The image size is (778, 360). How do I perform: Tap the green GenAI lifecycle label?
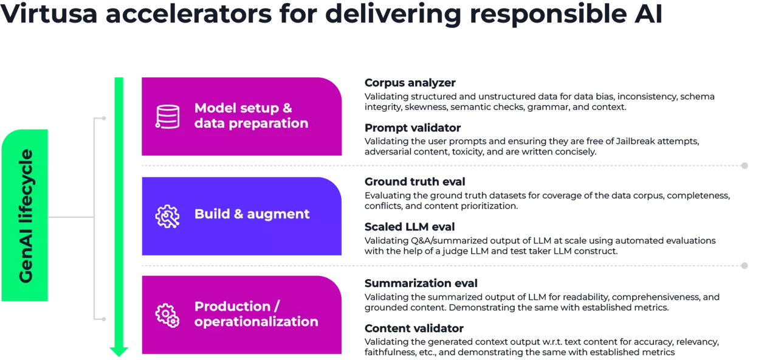click(25, 216)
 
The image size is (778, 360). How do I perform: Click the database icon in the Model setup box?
click(167, 116)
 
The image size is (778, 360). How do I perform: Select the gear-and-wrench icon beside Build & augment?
click(167, 216)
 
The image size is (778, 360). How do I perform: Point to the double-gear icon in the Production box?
click(167, 314)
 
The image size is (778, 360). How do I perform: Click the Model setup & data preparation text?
click(251, 116)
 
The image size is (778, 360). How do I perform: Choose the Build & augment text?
click(252, 214)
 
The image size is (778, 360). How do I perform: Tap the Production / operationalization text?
click(256, 314)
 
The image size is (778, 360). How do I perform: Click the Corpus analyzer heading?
click(410, 83)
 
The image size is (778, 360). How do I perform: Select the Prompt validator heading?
click(412, 128)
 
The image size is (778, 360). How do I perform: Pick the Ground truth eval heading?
click(415, 182)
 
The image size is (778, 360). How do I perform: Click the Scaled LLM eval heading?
click(409, 227)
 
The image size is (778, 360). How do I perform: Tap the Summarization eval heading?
click(421, 283)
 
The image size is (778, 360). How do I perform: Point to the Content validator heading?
click(414, 328)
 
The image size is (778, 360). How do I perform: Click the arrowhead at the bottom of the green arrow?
click(119, 351)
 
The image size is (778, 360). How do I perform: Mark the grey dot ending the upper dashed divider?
click(744, 165)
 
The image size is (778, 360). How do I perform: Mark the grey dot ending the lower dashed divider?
click(744, 266)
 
